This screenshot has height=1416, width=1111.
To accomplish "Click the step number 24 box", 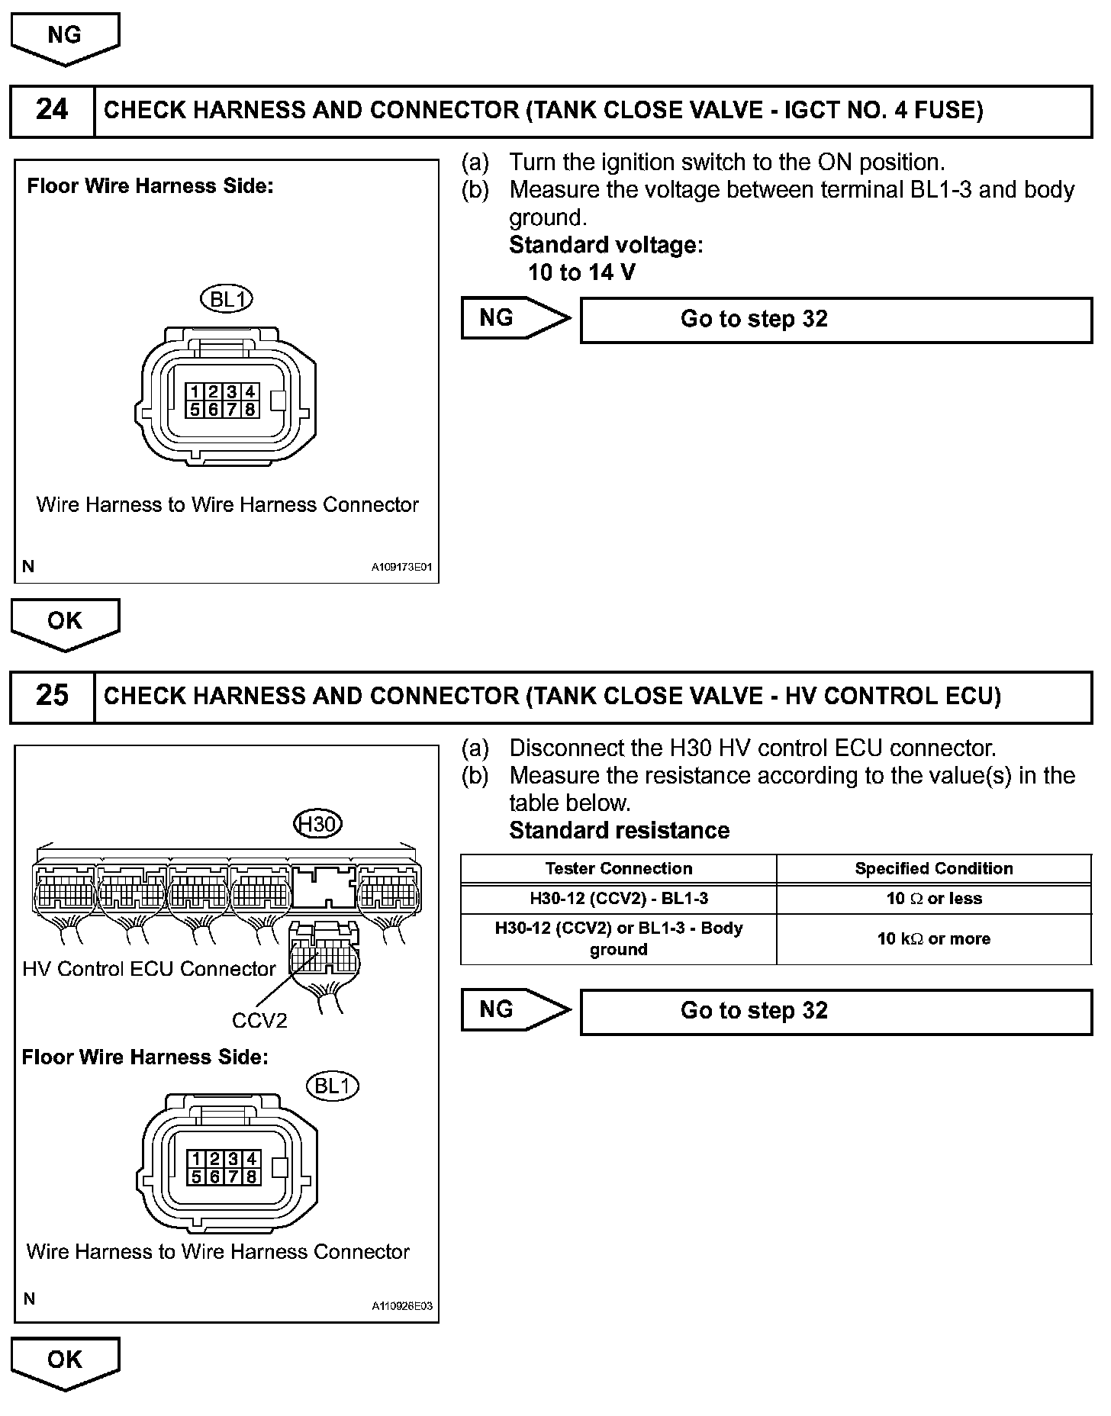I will [52, 111].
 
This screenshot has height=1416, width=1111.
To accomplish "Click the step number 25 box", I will [52, 696].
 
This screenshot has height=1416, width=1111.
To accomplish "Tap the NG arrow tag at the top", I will [65, 37].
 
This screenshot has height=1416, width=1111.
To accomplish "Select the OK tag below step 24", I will [65, 622].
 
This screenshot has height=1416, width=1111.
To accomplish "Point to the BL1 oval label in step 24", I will [227, 299].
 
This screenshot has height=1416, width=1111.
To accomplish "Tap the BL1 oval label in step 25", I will [332, 1085].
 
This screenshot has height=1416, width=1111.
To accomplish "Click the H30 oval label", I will [317, 824].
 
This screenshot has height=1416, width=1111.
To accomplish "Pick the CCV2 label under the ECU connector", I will [259, 1020].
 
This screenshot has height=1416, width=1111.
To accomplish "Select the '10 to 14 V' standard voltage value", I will [581, 272].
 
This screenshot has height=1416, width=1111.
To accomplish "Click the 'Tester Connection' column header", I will [618, 868].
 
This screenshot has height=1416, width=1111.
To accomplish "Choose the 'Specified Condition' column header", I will [933, 868].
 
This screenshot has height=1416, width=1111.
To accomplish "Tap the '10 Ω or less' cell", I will [933, 899].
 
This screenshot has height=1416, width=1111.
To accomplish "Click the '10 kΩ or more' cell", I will [933, 939].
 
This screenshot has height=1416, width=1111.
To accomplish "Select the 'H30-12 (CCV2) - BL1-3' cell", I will [618, 899].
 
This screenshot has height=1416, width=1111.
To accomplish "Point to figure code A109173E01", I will [401, 568].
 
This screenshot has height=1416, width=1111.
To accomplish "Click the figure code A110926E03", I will [401, 1305].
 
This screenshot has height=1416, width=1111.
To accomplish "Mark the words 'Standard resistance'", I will [619, 830].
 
